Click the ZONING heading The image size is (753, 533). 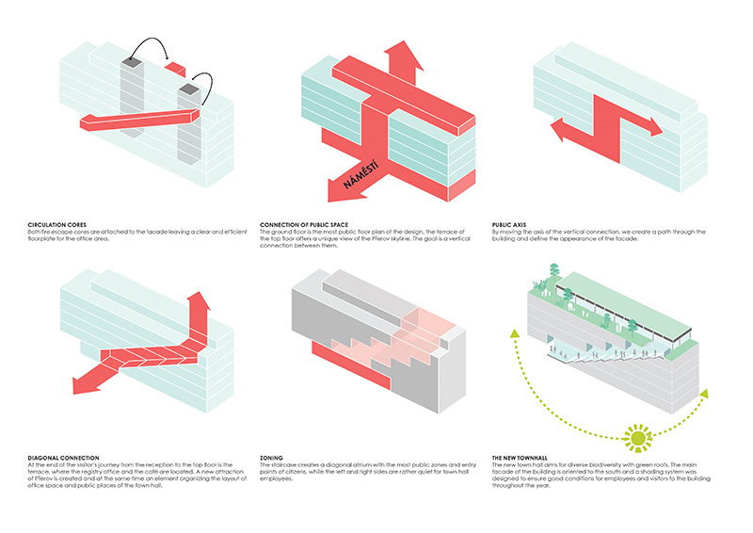[x=271, y=459]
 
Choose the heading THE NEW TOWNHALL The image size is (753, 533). [x=521, y=459]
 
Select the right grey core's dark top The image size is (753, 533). [x=189, y=90]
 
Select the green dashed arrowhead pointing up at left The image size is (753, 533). [x=515, y=331]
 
